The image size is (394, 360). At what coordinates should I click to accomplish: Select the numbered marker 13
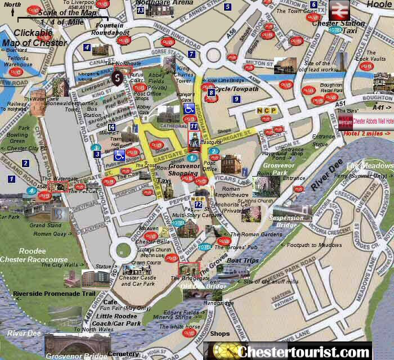[140, 10]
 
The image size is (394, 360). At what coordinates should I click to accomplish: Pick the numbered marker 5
[227, 7]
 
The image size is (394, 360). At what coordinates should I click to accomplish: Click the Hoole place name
[378, 4]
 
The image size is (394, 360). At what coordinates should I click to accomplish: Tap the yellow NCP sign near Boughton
[266, 111]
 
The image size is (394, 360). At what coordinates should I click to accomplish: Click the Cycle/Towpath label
[237, 89]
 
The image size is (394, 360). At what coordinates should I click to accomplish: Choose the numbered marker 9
[236, 99]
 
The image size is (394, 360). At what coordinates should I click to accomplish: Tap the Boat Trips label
[242, 260]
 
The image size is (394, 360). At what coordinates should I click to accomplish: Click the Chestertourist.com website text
[305, 352]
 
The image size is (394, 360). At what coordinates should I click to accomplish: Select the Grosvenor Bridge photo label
[75, 355]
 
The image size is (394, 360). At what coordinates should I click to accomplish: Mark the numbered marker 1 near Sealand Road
[11, 178]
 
